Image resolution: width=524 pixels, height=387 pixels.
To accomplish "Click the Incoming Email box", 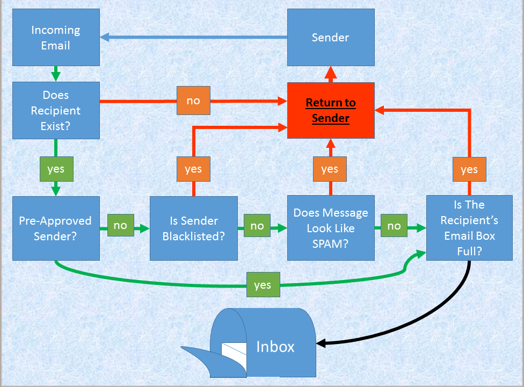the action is [x=56, y=37].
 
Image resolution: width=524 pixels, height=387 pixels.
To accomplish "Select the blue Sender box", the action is [x=331, y=37].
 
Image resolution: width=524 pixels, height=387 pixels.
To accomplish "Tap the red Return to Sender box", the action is [x=331, y=110].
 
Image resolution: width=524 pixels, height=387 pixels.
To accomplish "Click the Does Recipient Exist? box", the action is [x=56, y=110].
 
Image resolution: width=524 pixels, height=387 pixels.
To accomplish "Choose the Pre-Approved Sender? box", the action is [x=56, y=228].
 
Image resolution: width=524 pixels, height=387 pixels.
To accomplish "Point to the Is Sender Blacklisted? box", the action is [x=194, y=228].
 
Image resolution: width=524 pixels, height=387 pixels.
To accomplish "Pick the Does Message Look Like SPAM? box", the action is [x=331, y=228].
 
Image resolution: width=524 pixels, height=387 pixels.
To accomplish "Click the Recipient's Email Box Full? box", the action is [x=469, y=228].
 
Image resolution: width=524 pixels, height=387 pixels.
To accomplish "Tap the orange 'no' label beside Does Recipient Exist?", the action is [x=193, y=101].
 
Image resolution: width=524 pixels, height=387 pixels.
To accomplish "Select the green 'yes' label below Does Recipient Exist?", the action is [x=56, y=169].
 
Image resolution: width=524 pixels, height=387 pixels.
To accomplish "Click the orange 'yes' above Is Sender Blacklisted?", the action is [x=193, y=169].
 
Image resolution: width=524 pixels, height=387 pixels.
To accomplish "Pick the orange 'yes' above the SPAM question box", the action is [x=330, y=169].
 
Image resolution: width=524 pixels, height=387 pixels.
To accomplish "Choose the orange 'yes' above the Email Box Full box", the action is [x=469, y=169].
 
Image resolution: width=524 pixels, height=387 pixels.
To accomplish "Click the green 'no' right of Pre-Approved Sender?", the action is [x=121, y=225].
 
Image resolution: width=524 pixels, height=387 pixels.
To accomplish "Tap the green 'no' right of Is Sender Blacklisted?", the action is [x=257, y=225].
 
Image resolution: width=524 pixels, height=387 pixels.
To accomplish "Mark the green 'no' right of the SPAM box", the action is [x=394, y=225].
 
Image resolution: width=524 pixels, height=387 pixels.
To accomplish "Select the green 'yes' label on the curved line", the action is [x=263, y=285].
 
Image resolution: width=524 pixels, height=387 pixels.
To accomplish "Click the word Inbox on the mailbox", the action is [x=275, y=347].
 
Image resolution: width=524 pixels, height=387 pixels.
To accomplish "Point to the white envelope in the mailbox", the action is [x=234, y=356].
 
